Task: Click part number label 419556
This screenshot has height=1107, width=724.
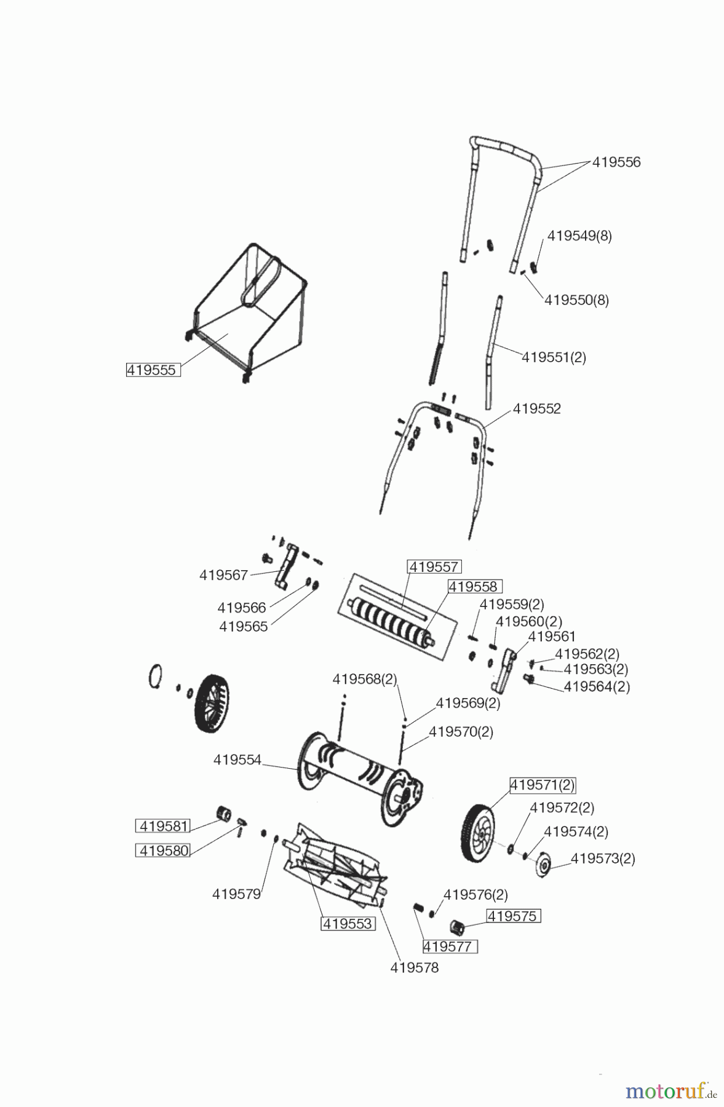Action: (616, 162)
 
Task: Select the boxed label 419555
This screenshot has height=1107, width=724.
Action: (153, 370)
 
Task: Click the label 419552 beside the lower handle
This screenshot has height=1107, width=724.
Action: (537, 409)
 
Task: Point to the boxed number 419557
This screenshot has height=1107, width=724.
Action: (434, 566)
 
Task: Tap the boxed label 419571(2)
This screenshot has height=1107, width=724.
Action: (542, 785)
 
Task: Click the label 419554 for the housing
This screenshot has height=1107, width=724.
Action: (237, 760)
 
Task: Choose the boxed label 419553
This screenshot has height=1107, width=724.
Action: (348, 924)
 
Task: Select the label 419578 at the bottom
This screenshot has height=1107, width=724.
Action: (415, 967)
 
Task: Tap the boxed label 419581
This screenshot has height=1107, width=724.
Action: (163, 826)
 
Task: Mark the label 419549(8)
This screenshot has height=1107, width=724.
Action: (579, 236)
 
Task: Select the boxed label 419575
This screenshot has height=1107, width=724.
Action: (513, 916)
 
